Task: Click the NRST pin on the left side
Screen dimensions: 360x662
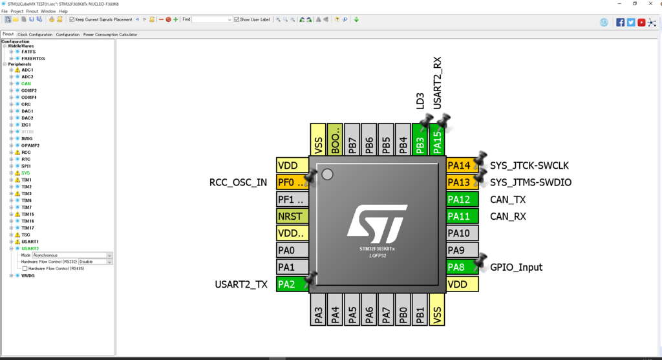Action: click(x=292, y=216)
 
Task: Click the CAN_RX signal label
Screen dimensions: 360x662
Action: click(x=508, y=217)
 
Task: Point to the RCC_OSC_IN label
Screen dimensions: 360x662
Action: click(x=238, y=182)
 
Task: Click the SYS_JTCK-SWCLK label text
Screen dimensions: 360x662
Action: click(x=529, y=165)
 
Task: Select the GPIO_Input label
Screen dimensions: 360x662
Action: click(x=517, y=267)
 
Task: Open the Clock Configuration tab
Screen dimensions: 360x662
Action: click(x=35, y=34)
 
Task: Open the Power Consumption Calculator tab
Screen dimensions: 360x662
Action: click(x=110, y=34)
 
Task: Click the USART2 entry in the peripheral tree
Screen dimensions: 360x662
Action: click(x=30, y=248)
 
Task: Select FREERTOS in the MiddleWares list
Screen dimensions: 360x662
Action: click(x=33, y=58)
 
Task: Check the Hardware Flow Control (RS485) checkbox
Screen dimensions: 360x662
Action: click(x=25, y=268)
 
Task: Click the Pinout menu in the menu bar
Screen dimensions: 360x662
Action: click(x=32, y=11)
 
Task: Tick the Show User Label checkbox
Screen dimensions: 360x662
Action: click(x=237, y=19)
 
